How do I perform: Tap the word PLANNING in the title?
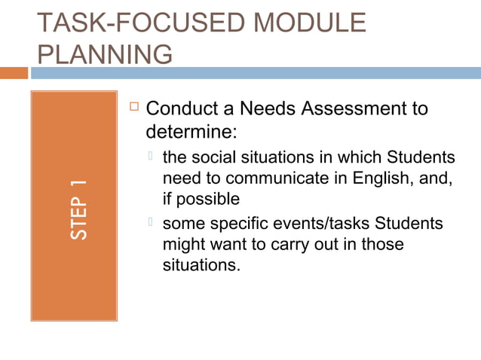click(x=103, y=55)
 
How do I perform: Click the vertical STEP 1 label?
click(x=78, y=210)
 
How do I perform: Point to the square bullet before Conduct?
click(x=133, y=108)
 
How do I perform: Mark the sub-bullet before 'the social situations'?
click(x=152, y=157)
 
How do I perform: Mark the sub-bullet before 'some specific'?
click(x=152, y=223)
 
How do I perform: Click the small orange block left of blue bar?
click(x=14, y=73)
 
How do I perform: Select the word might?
click(x=183, y=246)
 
